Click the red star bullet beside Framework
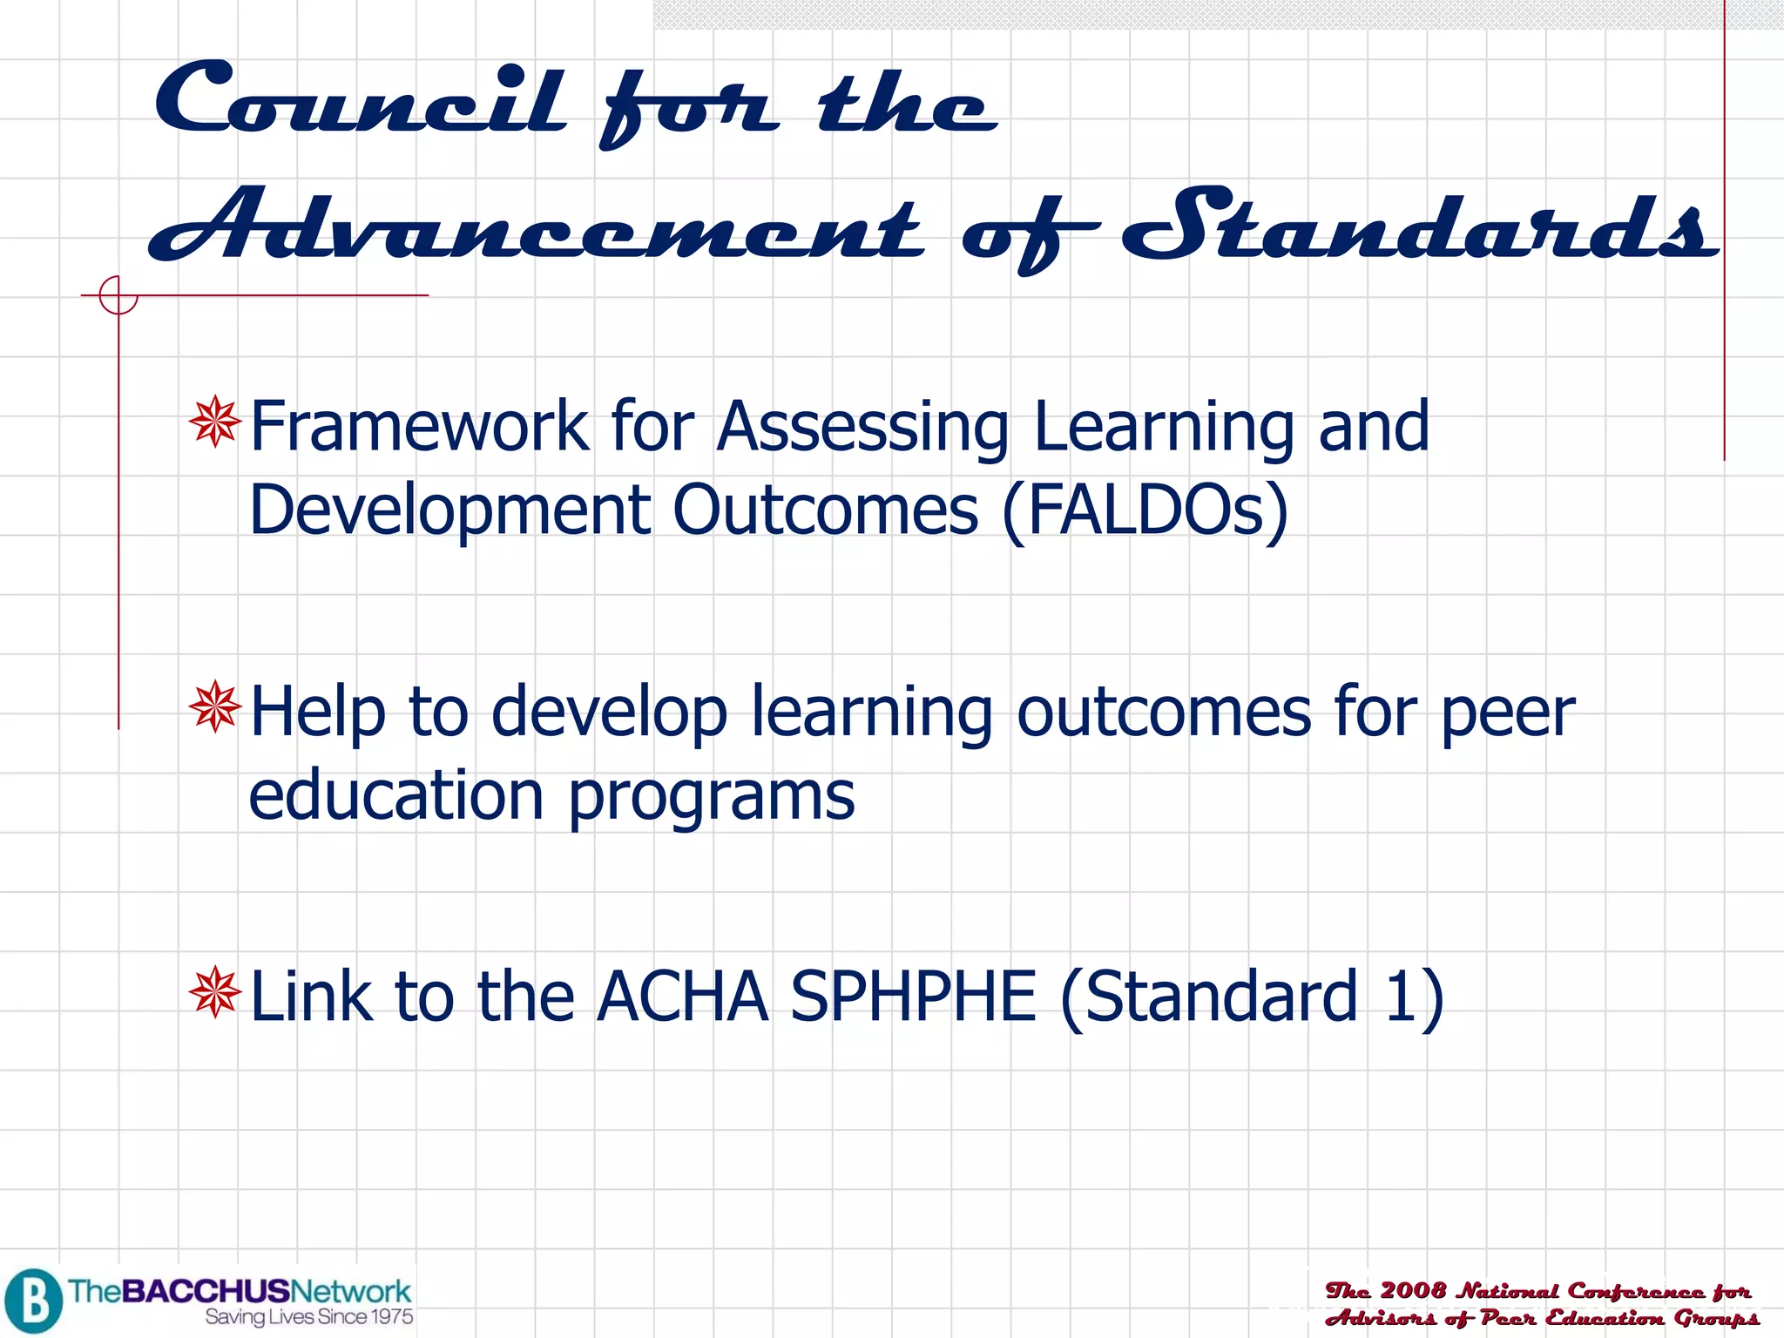tap(214, 422)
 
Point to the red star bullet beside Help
tap(214, 706)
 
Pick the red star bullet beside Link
tap(214, 992)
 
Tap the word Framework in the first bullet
tap(419, 426)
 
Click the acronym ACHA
tap(682, 996)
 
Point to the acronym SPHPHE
tap(913, 996)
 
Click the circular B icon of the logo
tap(33, 1301)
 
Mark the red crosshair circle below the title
tap(118, 295)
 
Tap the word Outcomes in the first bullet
tap(825, 511)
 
